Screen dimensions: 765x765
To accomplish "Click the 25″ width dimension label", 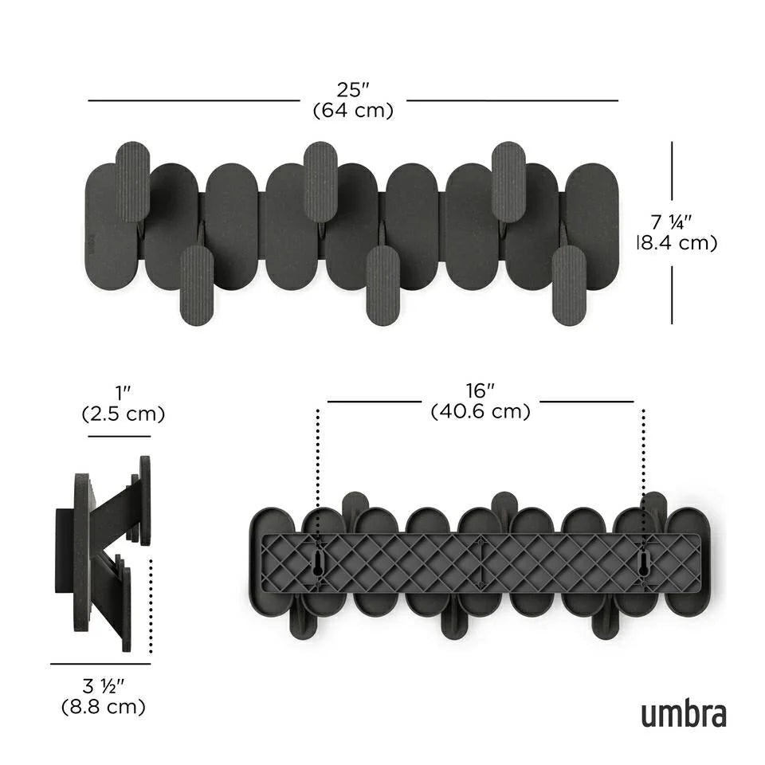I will click(x=353, y=89).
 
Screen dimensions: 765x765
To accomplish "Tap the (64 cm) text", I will click(x=353, y=110).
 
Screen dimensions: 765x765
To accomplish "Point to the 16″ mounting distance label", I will click(x=481, y=391).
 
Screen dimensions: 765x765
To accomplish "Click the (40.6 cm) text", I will click(x=481, y=412).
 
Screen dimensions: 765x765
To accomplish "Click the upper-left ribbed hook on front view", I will click(x=132, y=181).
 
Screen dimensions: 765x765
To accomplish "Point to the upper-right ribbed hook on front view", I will click(x=508, y=181).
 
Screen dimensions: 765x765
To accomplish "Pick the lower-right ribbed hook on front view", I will click(x=569, y=284).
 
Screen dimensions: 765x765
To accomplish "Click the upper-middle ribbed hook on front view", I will click(x=320, y=181).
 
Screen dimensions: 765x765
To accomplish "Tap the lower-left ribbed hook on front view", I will click(x=197, y=284).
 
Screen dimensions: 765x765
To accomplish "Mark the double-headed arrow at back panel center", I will click(x=481, y=564).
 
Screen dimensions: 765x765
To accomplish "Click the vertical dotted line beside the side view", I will click(x=151, y=606).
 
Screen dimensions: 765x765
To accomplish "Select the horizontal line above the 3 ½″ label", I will click(x=100, y=663).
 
